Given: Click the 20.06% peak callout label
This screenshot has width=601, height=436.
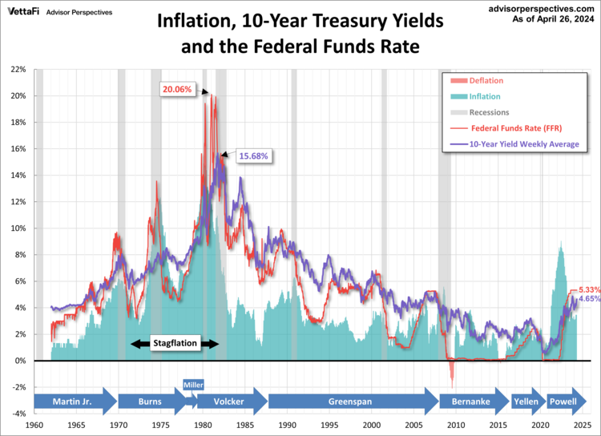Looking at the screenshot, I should (177, 89).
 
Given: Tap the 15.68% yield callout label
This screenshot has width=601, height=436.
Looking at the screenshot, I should (252, 155).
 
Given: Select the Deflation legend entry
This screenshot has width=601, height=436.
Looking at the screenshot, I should (488, 80).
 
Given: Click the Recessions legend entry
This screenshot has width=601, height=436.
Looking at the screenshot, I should (490, 112).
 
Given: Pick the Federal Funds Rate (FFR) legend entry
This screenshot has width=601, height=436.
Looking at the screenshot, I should (514, 128).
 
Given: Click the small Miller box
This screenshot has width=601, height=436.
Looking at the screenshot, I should (194, 384).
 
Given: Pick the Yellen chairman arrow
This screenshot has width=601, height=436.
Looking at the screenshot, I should (526, 401).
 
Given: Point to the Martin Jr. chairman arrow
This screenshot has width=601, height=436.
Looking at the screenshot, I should (76, 401).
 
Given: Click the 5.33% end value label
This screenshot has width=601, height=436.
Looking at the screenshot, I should (588, 289).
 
